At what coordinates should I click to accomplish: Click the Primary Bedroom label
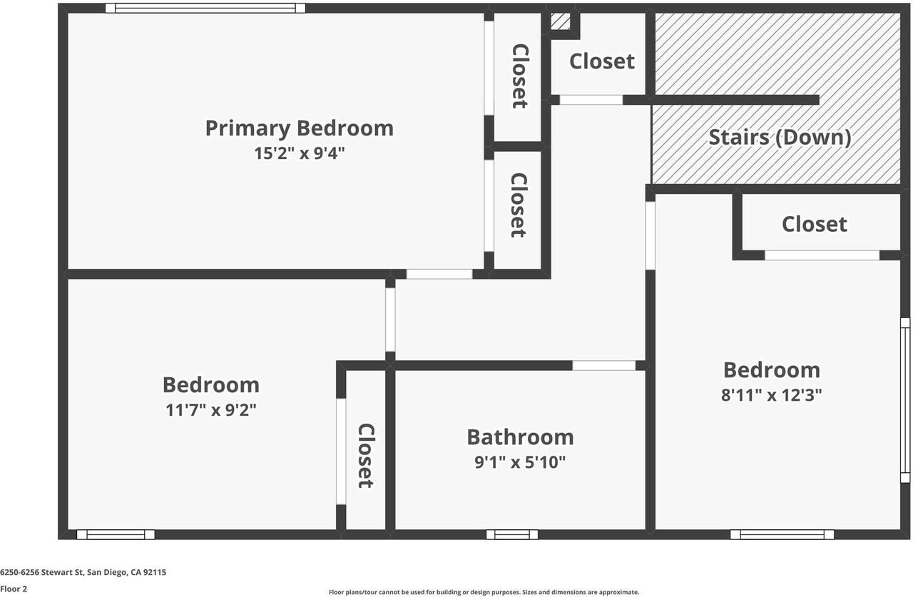pyautogui.click(x=299, y=128)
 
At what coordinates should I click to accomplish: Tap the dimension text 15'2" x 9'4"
pyautogui.click(x=299, y=153)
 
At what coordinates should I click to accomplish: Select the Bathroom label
pyautogui.click(x=519, y=437)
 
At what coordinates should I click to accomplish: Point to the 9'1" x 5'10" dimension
pyautogui.click(x=519, y=462)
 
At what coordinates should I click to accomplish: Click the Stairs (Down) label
pyautogui.click(x=779, y=137)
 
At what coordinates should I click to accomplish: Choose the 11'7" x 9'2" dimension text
pyautogui.click(x=210, y=410)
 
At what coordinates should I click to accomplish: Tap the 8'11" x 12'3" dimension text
pyautogui.click(x=771, y=395)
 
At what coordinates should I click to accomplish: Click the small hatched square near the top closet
pyautogui.click(x=561, y=21)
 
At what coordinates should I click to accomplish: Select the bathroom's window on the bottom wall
pyautogui.click(x=512, y=534)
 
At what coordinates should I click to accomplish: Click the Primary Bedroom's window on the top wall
pyautogui.click(x=205, y=9)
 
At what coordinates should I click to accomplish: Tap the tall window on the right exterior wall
pyautogui.click(x=904, y=400)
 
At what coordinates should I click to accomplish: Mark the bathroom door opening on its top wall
pyautogui.click(x=603, y=365)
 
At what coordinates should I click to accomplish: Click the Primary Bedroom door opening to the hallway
pyautogui.click(x=439, y=274)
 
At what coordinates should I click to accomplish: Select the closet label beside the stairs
pyautogui.click(x=601, y=61)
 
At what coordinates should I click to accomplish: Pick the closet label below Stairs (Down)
pyautogui.click(x=814, y=224)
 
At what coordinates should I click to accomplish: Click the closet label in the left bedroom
pyautogui.click(x=365, y=456)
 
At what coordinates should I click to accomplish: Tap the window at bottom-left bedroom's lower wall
pyautogui.click(x=116, y=534)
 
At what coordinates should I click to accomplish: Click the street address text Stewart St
pyautogui.click(x=83, y=572)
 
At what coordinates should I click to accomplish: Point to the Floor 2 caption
pyautogui.click(x=14, y=589)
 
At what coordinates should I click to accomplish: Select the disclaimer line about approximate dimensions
pyautogui.click(x=484, y=592)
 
